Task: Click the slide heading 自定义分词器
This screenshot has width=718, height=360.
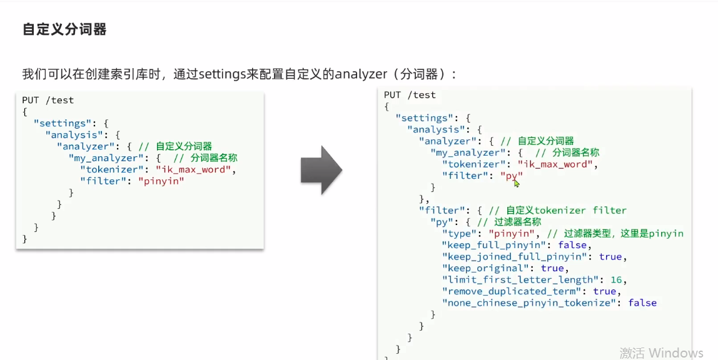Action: click(x=64, y=29)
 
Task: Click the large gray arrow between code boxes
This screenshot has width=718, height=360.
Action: click(x=321, y=171)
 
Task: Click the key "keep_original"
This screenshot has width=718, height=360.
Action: click(x=488, y=268)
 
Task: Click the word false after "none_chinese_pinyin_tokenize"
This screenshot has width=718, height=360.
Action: click(x=642, y=302)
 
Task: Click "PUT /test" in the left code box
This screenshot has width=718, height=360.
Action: click(x=48, y=100)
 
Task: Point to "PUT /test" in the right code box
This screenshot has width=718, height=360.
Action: click(x=410, y=95)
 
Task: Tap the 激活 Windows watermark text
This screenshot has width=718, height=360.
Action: click(x=661, y=352)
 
